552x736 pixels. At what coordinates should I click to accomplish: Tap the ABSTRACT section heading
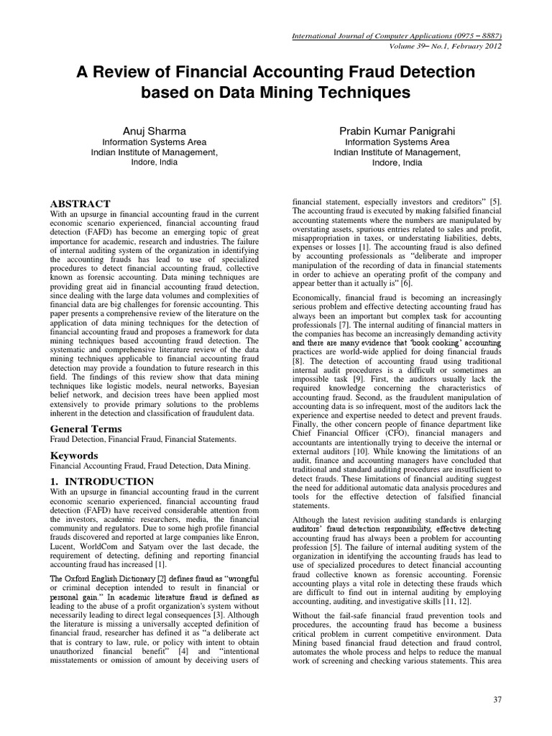point(80,204)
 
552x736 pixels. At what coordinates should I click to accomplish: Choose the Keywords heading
point(73,456)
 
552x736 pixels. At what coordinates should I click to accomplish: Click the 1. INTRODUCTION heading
point(101,482)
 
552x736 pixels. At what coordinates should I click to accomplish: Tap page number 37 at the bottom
point(497,718)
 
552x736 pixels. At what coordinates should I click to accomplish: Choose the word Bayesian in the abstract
point(244,385)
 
